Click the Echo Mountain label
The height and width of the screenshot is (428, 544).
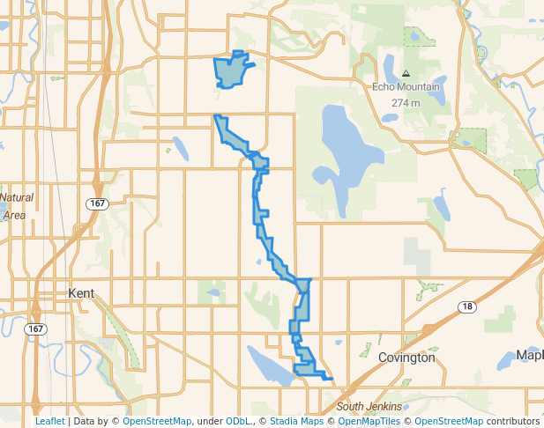pos(406,86)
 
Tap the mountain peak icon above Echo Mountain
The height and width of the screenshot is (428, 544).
pos(406,73)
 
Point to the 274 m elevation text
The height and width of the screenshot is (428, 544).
pos(406,102)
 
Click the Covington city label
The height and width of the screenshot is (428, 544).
pos(406,358)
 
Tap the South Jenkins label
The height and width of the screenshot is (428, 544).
pos(369,406)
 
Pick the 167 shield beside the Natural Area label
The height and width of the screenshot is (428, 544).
pos(96,203)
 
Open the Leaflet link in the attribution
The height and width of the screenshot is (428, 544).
pos(49,421)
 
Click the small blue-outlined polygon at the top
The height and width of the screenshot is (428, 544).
pos(231,70)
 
